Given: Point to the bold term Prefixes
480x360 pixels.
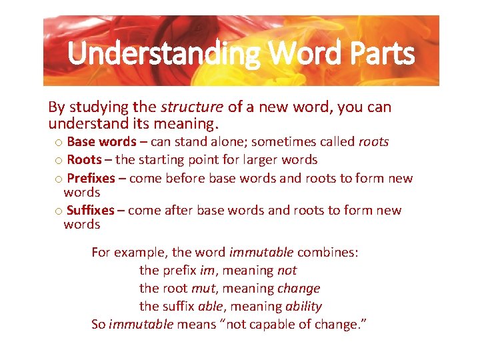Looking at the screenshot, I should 91,178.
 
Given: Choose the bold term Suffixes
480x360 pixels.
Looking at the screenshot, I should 91,210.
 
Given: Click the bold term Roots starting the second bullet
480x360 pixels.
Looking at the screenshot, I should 84,159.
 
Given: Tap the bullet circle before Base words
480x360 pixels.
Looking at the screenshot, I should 59,142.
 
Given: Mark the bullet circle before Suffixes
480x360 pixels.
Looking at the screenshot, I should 59,211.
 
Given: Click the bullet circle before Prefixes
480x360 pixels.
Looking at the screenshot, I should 59,179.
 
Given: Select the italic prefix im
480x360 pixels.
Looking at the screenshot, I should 207,270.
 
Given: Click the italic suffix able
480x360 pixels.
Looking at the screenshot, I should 211,306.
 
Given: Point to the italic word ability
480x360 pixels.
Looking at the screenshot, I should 303,306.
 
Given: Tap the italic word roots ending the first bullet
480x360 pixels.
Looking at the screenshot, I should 373,141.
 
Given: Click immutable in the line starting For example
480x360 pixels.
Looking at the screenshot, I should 261,252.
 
